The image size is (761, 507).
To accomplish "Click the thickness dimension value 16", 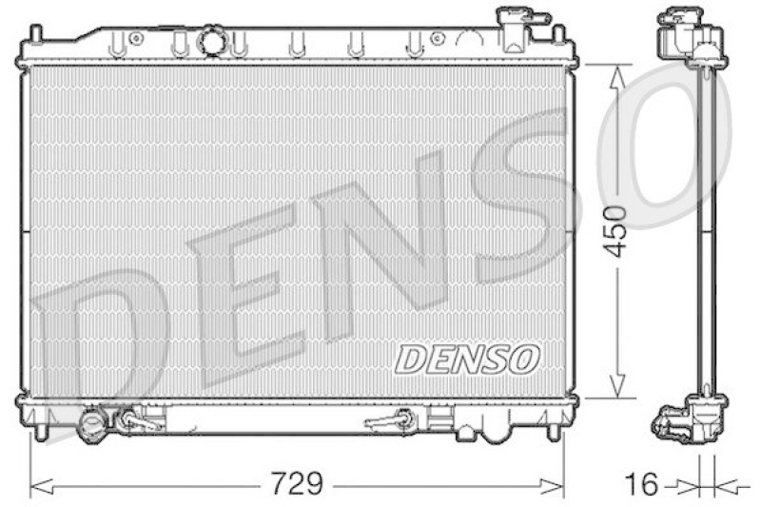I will click(643, 483).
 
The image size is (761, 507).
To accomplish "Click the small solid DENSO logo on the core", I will click(467, 358).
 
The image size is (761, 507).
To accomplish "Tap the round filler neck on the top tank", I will click(209, 42).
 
